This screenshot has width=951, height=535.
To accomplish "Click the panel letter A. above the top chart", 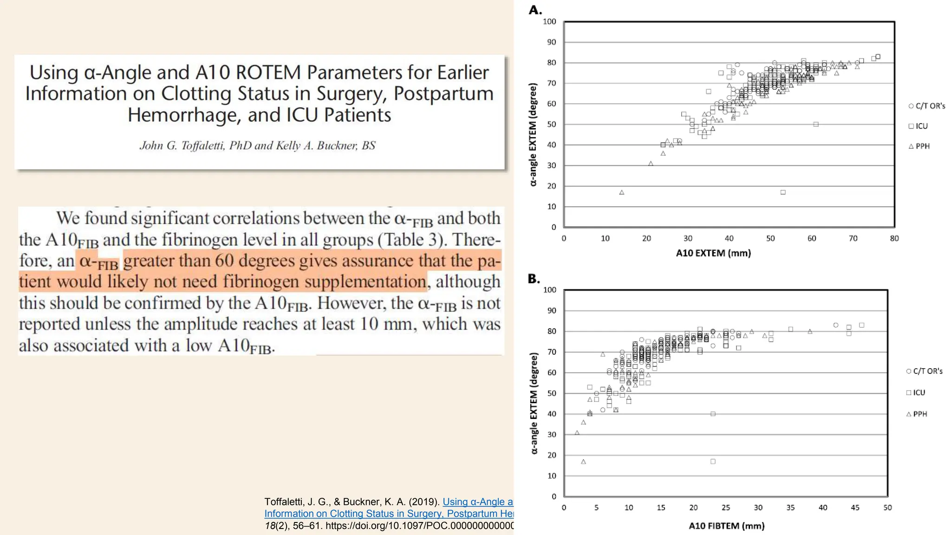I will click(535, 10).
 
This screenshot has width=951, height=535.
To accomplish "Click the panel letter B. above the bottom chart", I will click(534, 279).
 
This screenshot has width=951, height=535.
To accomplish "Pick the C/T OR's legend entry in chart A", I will click(927, 106).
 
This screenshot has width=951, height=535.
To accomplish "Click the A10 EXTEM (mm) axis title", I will click(713, 254).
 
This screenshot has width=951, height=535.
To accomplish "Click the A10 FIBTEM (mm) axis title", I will click(726, 526).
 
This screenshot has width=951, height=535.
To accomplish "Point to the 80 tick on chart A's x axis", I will click(894, 239).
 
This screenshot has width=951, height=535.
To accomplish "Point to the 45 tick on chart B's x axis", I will click(855, 508).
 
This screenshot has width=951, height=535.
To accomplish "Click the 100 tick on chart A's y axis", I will click(549, 22).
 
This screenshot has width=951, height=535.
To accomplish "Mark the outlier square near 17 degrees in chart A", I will click(783, 192).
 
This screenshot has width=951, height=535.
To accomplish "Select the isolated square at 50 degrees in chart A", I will click(816, 124).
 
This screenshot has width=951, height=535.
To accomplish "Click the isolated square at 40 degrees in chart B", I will click(713, 414).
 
